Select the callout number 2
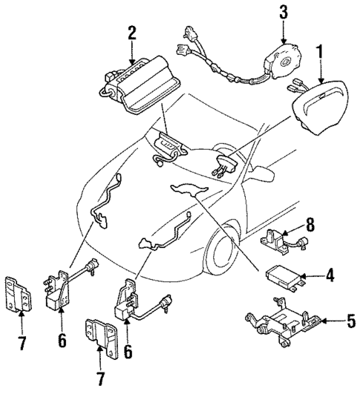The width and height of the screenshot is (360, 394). (x=131, y=33)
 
